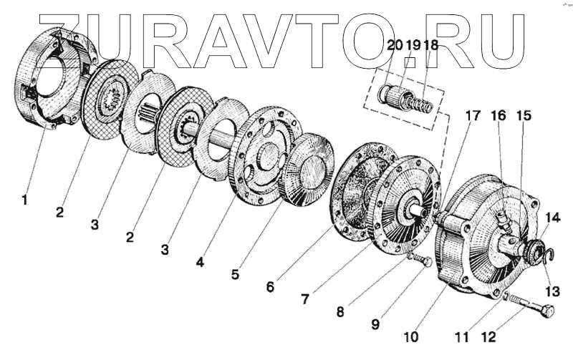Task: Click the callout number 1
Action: click(x=25, y=200)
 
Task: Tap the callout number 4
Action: click(x=201, y=263)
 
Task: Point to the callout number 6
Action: click(x=270, y=286)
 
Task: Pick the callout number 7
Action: click(x=305, y=298)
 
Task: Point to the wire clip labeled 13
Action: click(x=546, y=255)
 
